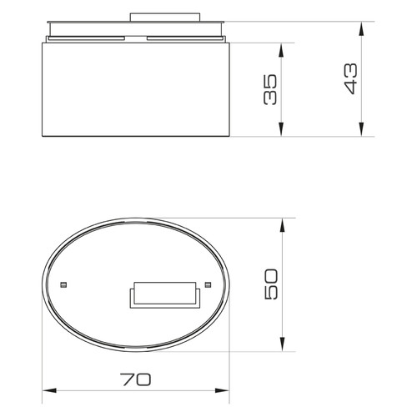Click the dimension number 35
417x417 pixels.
point(270,89)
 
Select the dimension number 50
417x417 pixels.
point(270,284)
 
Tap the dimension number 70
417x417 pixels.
point(136,379)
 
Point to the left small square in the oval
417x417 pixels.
point(63,284)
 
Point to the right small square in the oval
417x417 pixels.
point(208,284)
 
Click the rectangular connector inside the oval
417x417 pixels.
point(165,295)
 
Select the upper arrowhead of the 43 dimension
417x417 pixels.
point(361,29)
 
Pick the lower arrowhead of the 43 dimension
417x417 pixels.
point(361,129)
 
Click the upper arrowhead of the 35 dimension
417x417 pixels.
point(282,50)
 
